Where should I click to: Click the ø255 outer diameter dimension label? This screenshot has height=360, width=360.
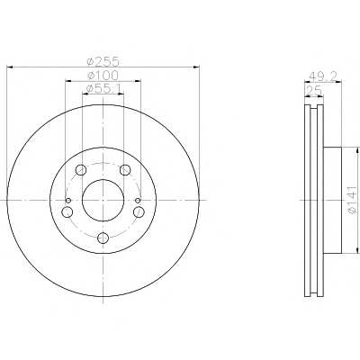(x=103, y=61)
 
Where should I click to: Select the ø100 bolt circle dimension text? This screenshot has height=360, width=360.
(x=103, y=76)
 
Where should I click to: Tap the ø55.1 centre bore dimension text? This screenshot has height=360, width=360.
(x=103, y=88)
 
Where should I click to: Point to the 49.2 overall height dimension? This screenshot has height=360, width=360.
(x=323, y=76)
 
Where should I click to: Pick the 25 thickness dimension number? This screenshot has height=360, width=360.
(x=314, y=91)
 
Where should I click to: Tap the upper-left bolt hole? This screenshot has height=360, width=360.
(x=81, y=170)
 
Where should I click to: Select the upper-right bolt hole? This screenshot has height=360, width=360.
(x=125, y=170)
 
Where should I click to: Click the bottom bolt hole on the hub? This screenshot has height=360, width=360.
(x=103, y=238)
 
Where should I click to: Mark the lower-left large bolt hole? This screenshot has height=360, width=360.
(x=67, y=212)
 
